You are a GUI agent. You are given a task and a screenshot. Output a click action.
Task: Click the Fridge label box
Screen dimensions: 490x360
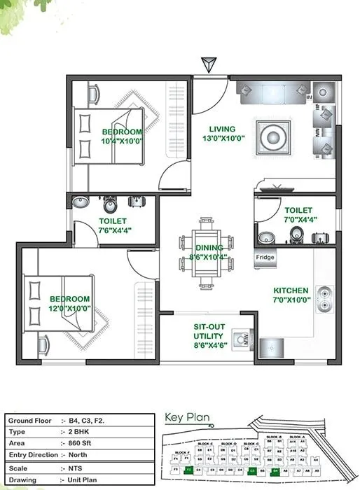coord(265,257)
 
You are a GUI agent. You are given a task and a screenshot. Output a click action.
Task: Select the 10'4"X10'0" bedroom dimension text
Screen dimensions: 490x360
coord(122,141)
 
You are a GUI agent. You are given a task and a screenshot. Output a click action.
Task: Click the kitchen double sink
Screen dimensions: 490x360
coord(324,299)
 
